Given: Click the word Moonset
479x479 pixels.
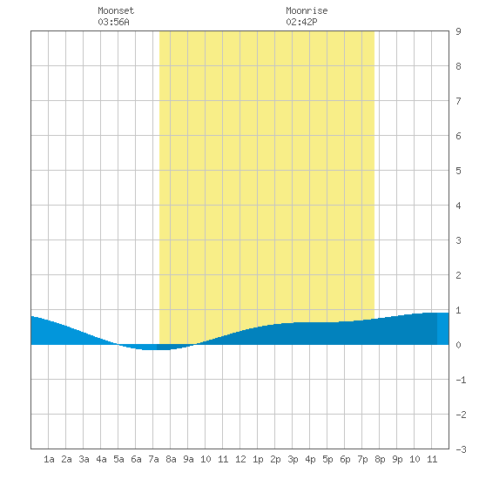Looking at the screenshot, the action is pos(116,10).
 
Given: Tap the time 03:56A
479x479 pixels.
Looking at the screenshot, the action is pos(113,22).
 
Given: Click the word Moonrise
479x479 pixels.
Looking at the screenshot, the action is pos(307,10).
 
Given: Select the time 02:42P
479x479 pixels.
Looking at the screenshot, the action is pos(301,22).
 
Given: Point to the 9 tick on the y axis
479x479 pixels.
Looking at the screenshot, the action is pos(458,31).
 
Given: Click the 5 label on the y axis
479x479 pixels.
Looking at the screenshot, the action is pos(458,171).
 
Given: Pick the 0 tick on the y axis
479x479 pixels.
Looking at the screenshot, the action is pos(458,345).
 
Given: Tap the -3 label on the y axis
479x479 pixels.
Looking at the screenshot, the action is pos(461,449).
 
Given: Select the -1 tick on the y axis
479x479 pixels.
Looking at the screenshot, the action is pos(461,380).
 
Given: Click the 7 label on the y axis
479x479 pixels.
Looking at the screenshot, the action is pos(458,101).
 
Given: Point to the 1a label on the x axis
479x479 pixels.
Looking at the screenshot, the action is pos(49,459).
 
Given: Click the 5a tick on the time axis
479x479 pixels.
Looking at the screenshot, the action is pos(118,459).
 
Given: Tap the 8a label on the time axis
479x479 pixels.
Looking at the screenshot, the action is pos(171,459).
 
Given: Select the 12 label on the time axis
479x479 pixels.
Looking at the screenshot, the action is pos(240,459).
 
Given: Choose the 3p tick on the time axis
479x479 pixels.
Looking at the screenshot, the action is pos(293,459).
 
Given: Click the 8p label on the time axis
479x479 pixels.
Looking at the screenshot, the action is pos(380,459).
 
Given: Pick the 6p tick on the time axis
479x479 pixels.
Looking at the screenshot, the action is pos(345,459).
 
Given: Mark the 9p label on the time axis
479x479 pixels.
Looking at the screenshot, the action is pos(397,459).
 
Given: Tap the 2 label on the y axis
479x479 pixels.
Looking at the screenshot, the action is pos(458,275).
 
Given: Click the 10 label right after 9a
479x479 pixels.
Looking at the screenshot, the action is pos(206,459).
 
